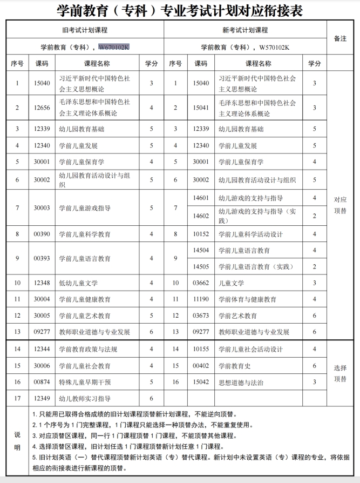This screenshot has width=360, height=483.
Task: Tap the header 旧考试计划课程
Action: point(85,30)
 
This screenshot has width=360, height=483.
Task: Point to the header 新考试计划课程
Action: point(244,30)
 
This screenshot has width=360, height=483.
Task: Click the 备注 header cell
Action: point(340,38)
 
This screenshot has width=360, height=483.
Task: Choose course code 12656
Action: point(42,108)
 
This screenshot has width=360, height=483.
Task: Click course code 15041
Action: point(201,108)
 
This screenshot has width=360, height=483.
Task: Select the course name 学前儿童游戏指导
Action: point(85,207)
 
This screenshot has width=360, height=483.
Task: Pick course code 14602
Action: point(201,216)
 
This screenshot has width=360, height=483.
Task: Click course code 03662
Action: point(201,283)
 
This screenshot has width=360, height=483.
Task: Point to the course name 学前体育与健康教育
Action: point(247,299)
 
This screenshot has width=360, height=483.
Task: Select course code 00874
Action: point(42,382)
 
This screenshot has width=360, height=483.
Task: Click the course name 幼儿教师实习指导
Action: point(85,399)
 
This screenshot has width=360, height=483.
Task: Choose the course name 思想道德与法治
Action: point(241,382)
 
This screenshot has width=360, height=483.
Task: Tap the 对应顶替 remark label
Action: point(340,204)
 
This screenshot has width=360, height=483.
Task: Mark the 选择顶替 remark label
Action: point(340,373)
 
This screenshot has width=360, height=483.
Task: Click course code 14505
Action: point(201,266)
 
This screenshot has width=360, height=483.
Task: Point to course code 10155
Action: point(201,349)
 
